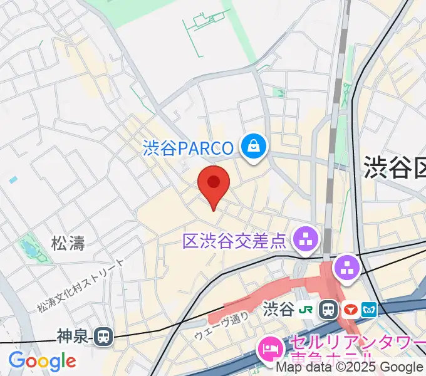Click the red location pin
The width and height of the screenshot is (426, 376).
coord(214,183)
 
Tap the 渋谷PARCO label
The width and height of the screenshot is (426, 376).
coord(188,148)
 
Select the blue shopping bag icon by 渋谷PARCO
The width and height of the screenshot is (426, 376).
coord(254,147)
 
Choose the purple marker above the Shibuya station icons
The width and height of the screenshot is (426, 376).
coord(346,268)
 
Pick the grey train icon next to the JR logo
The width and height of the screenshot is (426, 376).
coord(328,308)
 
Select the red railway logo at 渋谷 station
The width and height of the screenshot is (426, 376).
coord(349,308)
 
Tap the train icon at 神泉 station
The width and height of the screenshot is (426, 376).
coord(103,338)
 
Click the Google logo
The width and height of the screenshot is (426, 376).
coord(42,361)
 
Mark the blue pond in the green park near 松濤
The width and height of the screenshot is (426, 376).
coord(28,248)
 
